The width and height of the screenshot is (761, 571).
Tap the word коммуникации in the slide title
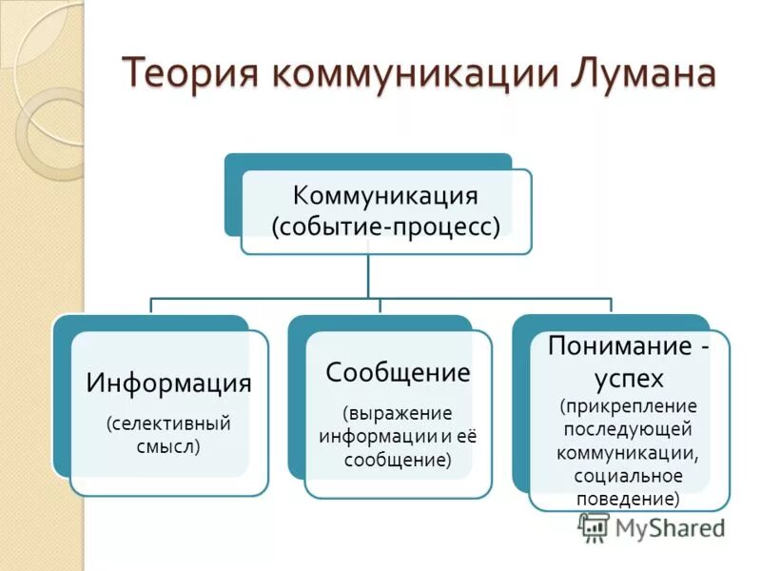pos(400,74)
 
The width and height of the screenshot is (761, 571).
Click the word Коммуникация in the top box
pos(385,197)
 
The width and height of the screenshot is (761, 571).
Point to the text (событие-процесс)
pos(385,228)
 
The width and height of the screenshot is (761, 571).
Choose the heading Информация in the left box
pos(169,383)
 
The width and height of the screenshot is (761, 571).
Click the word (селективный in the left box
pos(168,422)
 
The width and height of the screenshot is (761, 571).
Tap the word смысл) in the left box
pos(168,444)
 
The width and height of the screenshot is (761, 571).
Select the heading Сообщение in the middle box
pos(398,372)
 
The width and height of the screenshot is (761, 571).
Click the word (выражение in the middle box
pos(398,415)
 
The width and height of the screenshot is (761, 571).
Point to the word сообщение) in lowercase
pos(398,460)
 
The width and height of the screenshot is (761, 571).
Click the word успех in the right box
pos(629,377)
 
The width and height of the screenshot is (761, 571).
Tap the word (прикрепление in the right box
pos(629,406)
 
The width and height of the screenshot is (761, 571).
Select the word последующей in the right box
pos(629,429)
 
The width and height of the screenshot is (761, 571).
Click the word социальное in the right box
pos(629,475)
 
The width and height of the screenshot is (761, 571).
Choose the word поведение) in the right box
pos(629,497)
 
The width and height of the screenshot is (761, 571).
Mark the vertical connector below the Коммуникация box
pos(369,276)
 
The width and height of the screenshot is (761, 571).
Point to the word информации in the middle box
pos(372,438)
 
